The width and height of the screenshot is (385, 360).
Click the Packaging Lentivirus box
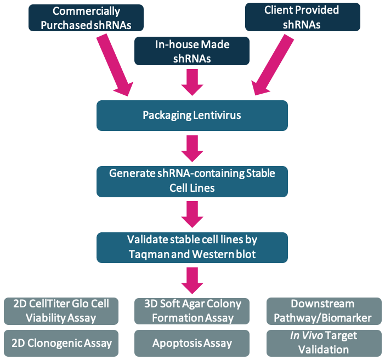(x=192, y=115)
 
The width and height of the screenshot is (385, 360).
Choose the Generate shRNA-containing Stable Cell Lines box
(x=192, y=180)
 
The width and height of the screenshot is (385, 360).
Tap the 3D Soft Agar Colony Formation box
(x=192, y=311)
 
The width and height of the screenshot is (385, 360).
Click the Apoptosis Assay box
(x=192, y=343)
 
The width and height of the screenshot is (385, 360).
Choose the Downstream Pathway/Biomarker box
(x=322, y=311)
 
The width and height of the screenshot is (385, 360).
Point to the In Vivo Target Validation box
(x=322, y=343)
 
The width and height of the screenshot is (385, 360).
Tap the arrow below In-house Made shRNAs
(x=192, y=83)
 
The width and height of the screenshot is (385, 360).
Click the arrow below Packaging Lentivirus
(x=192, y=147)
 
